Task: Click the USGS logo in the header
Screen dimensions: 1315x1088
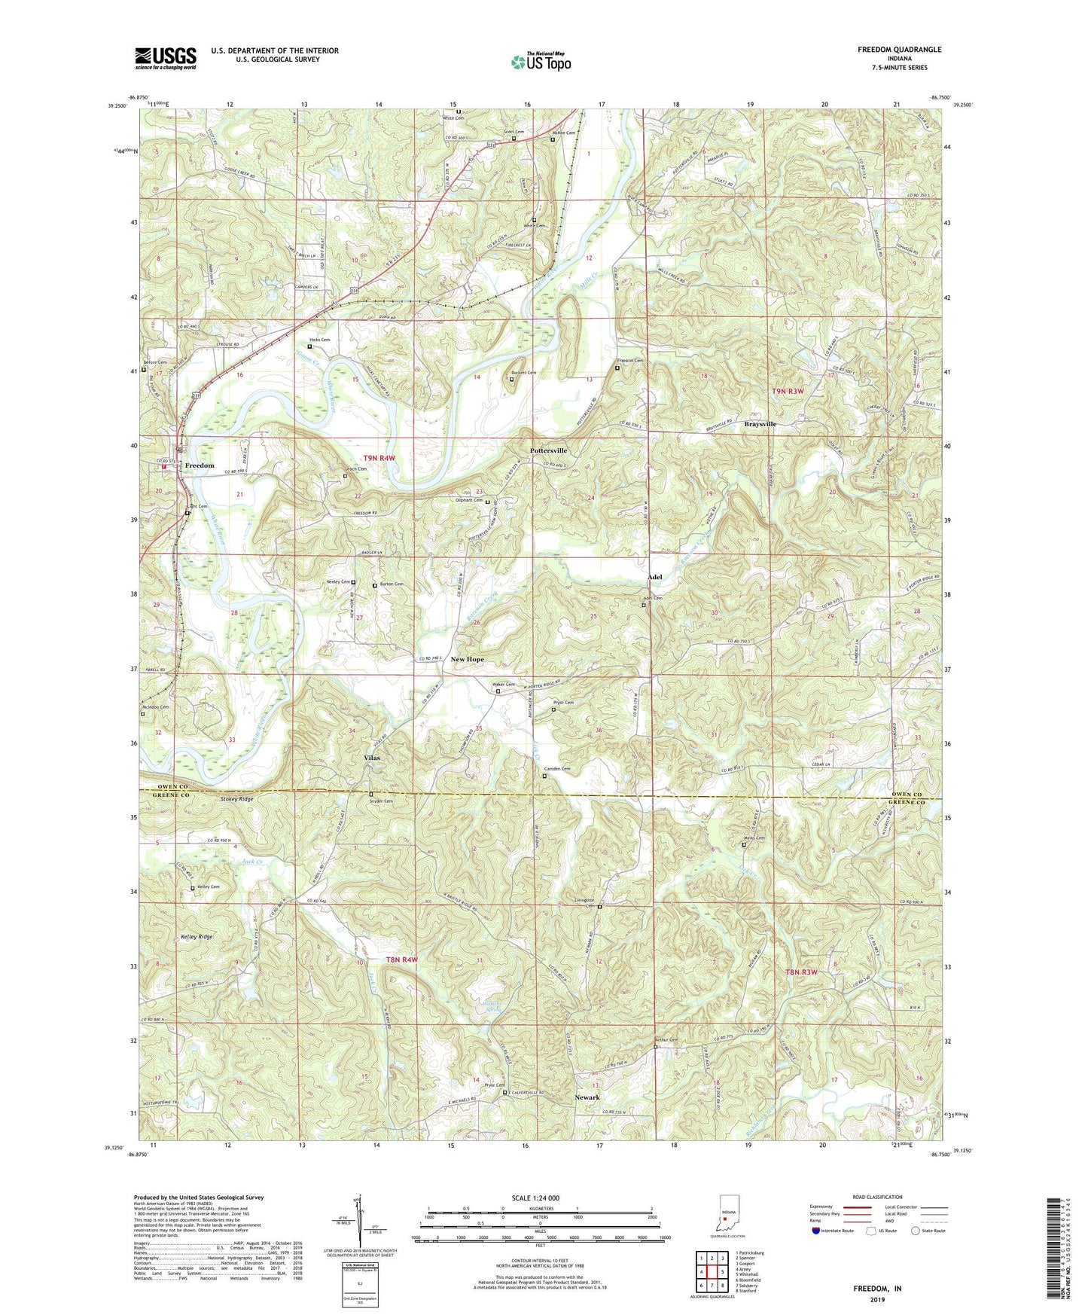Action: click(166, 57)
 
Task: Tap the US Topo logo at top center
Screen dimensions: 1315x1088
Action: click(540, 62)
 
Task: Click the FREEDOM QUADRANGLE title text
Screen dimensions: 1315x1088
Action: click(899, 50)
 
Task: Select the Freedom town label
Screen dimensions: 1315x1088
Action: click(200, 465)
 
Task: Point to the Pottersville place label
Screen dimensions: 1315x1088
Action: click(548, 450)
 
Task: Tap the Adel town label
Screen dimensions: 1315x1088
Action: click(655, 577)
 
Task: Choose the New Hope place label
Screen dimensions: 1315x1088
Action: click(467, 659)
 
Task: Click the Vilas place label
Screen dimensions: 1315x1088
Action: click(371, 758)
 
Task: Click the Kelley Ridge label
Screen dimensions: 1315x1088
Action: click(197, 937)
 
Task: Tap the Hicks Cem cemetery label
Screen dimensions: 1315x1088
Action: click(320, 340)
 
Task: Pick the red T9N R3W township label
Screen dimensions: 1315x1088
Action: click(788, 391)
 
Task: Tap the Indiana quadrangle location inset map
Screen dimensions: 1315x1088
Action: click(726, 1214)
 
